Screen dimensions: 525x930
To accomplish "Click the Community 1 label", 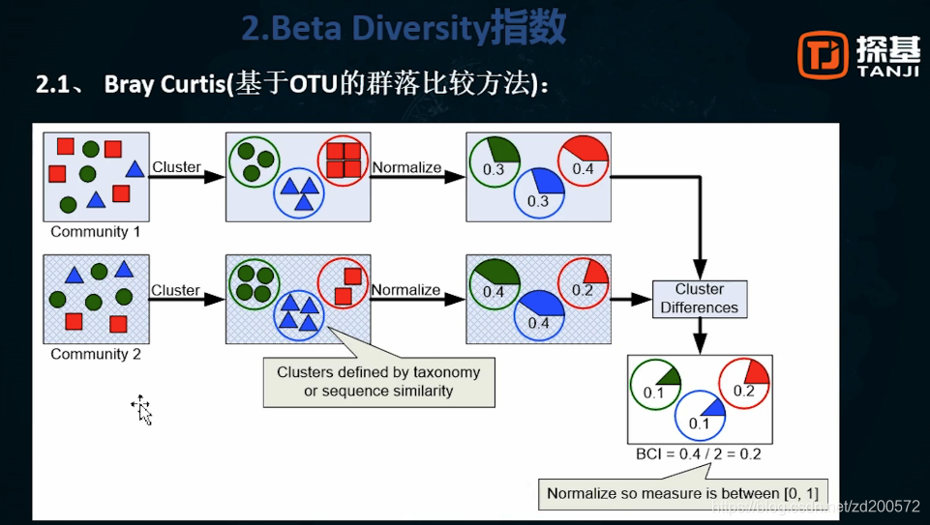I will tap(96, 232).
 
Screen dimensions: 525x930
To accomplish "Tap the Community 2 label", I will tap(96, 355).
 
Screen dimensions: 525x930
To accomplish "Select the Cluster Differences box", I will tap(699, 299).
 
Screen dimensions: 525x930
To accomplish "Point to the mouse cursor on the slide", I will tap(141, 409).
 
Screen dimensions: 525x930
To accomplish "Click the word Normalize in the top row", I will tap(406, 167).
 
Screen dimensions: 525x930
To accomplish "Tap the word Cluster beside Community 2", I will tap(176, 290).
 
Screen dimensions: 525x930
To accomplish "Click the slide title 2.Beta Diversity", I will tap(404, 29).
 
